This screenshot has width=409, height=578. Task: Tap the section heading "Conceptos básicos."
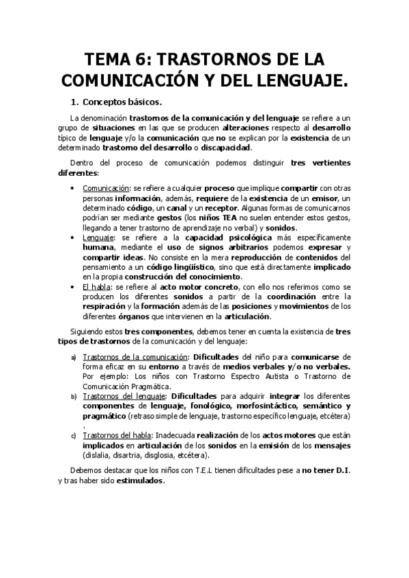[122, 103]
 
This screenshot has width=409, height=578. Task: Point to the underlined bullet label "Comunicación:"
[106, 187]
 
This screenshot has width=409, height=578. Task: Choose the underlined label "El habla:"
[98, 287]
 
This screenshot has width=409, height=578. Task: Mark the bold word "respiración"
[105, 307]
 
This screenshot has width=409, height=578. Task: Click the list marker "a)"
[74, 356]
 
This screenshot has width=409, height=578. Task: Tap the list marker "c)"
[74, 436]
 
